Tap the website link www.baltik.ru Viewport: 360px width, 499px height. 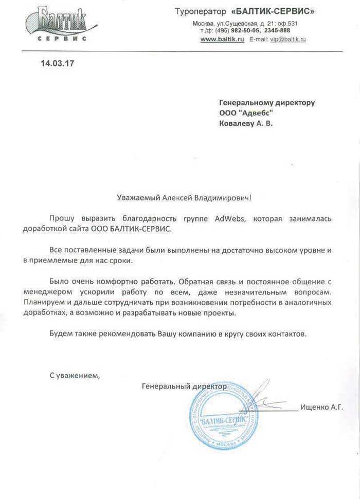click(222, 39)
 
